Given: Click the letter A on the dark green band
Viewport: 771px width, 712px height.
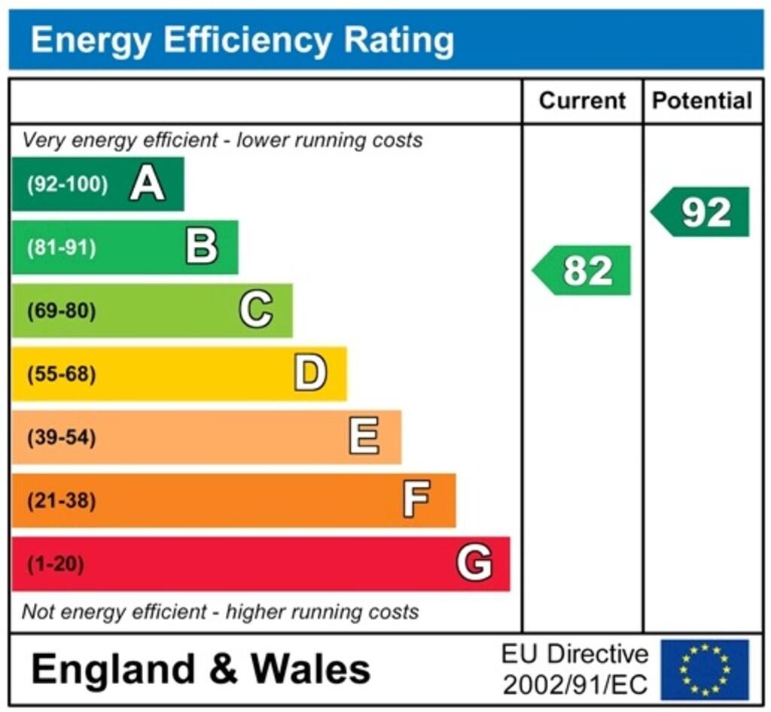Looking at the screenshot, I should pyautogui.click(x=147, y=184).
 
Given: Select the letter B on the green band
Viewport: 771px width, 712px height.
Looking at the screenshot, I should pyautogui.click(x=202, y=247).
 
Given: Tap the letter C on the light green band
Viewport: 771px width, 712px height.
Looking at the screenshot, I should pyautogui.click(x=256, y=310).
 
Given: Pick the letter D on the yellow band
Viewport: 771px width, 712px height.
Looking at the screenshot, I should pyautogui.click(x=310, y=373).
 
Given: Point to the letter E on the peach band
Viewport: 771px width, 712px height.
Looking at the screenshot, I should pyautogui.click(x=364, y=437).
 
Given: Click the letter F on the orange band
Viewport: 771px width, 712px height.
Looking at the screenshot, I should pyautogui.click(x=417, y=500).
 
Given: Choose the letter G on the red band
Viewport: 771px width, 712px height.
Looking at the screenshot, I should pyautogui.click(x=474, y=563).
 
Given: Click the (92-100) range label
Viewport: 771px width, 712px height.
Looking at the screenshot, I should pyautogui.click(x=67, y=184).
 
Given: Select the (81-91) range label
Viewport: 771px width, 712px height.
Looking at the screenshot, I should pyautogui.click(x=62, y=248).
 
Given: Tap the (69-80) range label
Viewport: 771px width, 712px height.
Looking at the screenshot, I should pyautogui.click(x=62, y=311).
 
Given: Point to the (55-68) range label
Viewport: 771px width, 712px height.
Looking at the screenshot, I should pyautogui.click(x=62, y=374).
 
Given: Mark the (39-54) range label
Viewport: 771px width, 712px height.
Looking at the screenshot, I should pyautogui.click(x=62, y=437).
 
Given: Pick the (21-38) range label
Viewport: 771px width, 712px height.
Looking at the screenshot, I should pyautogui.click(x=62, y=501).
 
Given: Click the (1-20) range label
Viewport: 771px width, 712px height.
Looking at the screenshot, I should pyautogui.click(x=56, y=564).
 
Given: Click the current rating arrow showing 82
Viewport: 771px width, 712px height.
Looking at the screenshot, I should pyautogui.click(x=583, y=270).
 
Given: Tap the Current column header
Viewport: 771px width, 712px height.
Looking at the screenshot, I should pyautogui.click(x=583, y=101).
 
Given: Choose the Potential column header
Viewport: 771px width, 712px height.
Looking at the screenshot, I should pyautogui.click(x=702, y=101).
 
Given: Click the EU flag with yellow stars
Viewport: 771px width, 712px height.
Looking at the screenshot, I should pyautogui.click(x=705, y=669).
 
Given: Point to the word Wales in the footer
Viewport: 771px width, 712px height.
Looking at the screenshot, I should pyautogui.click(x=310, y=668).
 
